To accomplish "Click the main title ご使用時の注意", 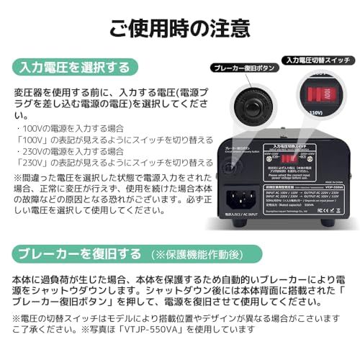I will (180, 27).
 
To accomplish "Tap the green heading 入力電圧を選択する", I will (75, 68).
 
